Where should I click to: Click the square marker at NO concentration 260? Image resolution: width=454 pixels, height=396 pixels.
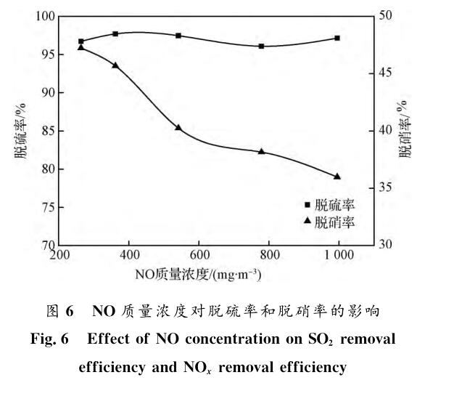point(81,41)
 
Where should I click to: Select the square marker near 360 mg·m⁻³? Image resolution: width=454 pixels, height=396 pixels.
point(115,34)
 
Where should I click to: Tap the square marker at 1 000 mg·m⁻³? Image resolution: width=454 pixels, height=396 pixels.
point(337,38)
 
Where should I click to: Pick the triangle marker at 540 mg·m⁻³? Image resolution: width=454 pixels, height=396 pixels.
point(178,127)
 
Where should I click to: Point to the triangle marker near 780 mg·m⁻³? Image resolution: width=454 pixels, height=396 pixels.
point(261,151)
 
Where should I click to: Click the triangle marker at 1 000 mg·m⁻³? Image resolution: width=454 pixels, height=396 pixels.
point(337,176)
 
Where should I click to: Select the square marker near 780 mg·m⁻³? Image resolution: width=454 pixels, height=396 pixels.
point(261,46)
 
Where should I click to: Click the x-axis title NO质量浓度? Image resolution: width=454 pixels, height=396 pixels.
point(198,275)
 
